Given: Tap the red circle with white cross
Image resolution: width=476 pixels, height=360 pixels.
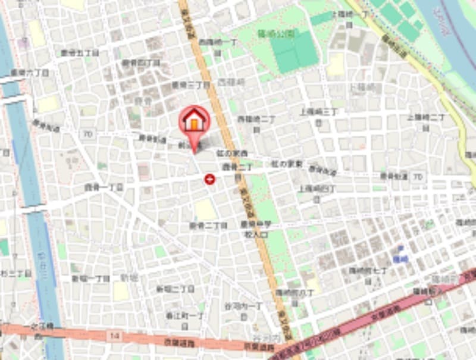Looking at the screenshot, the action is tap(209, 179).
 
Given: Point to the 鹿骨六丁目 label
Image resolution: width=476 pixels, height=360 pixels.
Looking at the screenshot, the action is tap(30, 73).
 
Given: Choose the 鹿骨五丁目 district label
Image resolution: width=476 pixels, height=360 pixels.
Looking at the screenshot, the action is tap(80, 53).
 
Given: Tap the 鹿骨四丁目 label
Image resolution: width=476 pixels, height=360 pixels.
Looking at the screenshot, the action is tap(141, 62).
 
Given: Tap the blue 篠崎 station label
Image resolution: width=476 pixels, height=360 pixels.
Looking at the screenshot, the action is tap(400, 259).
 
